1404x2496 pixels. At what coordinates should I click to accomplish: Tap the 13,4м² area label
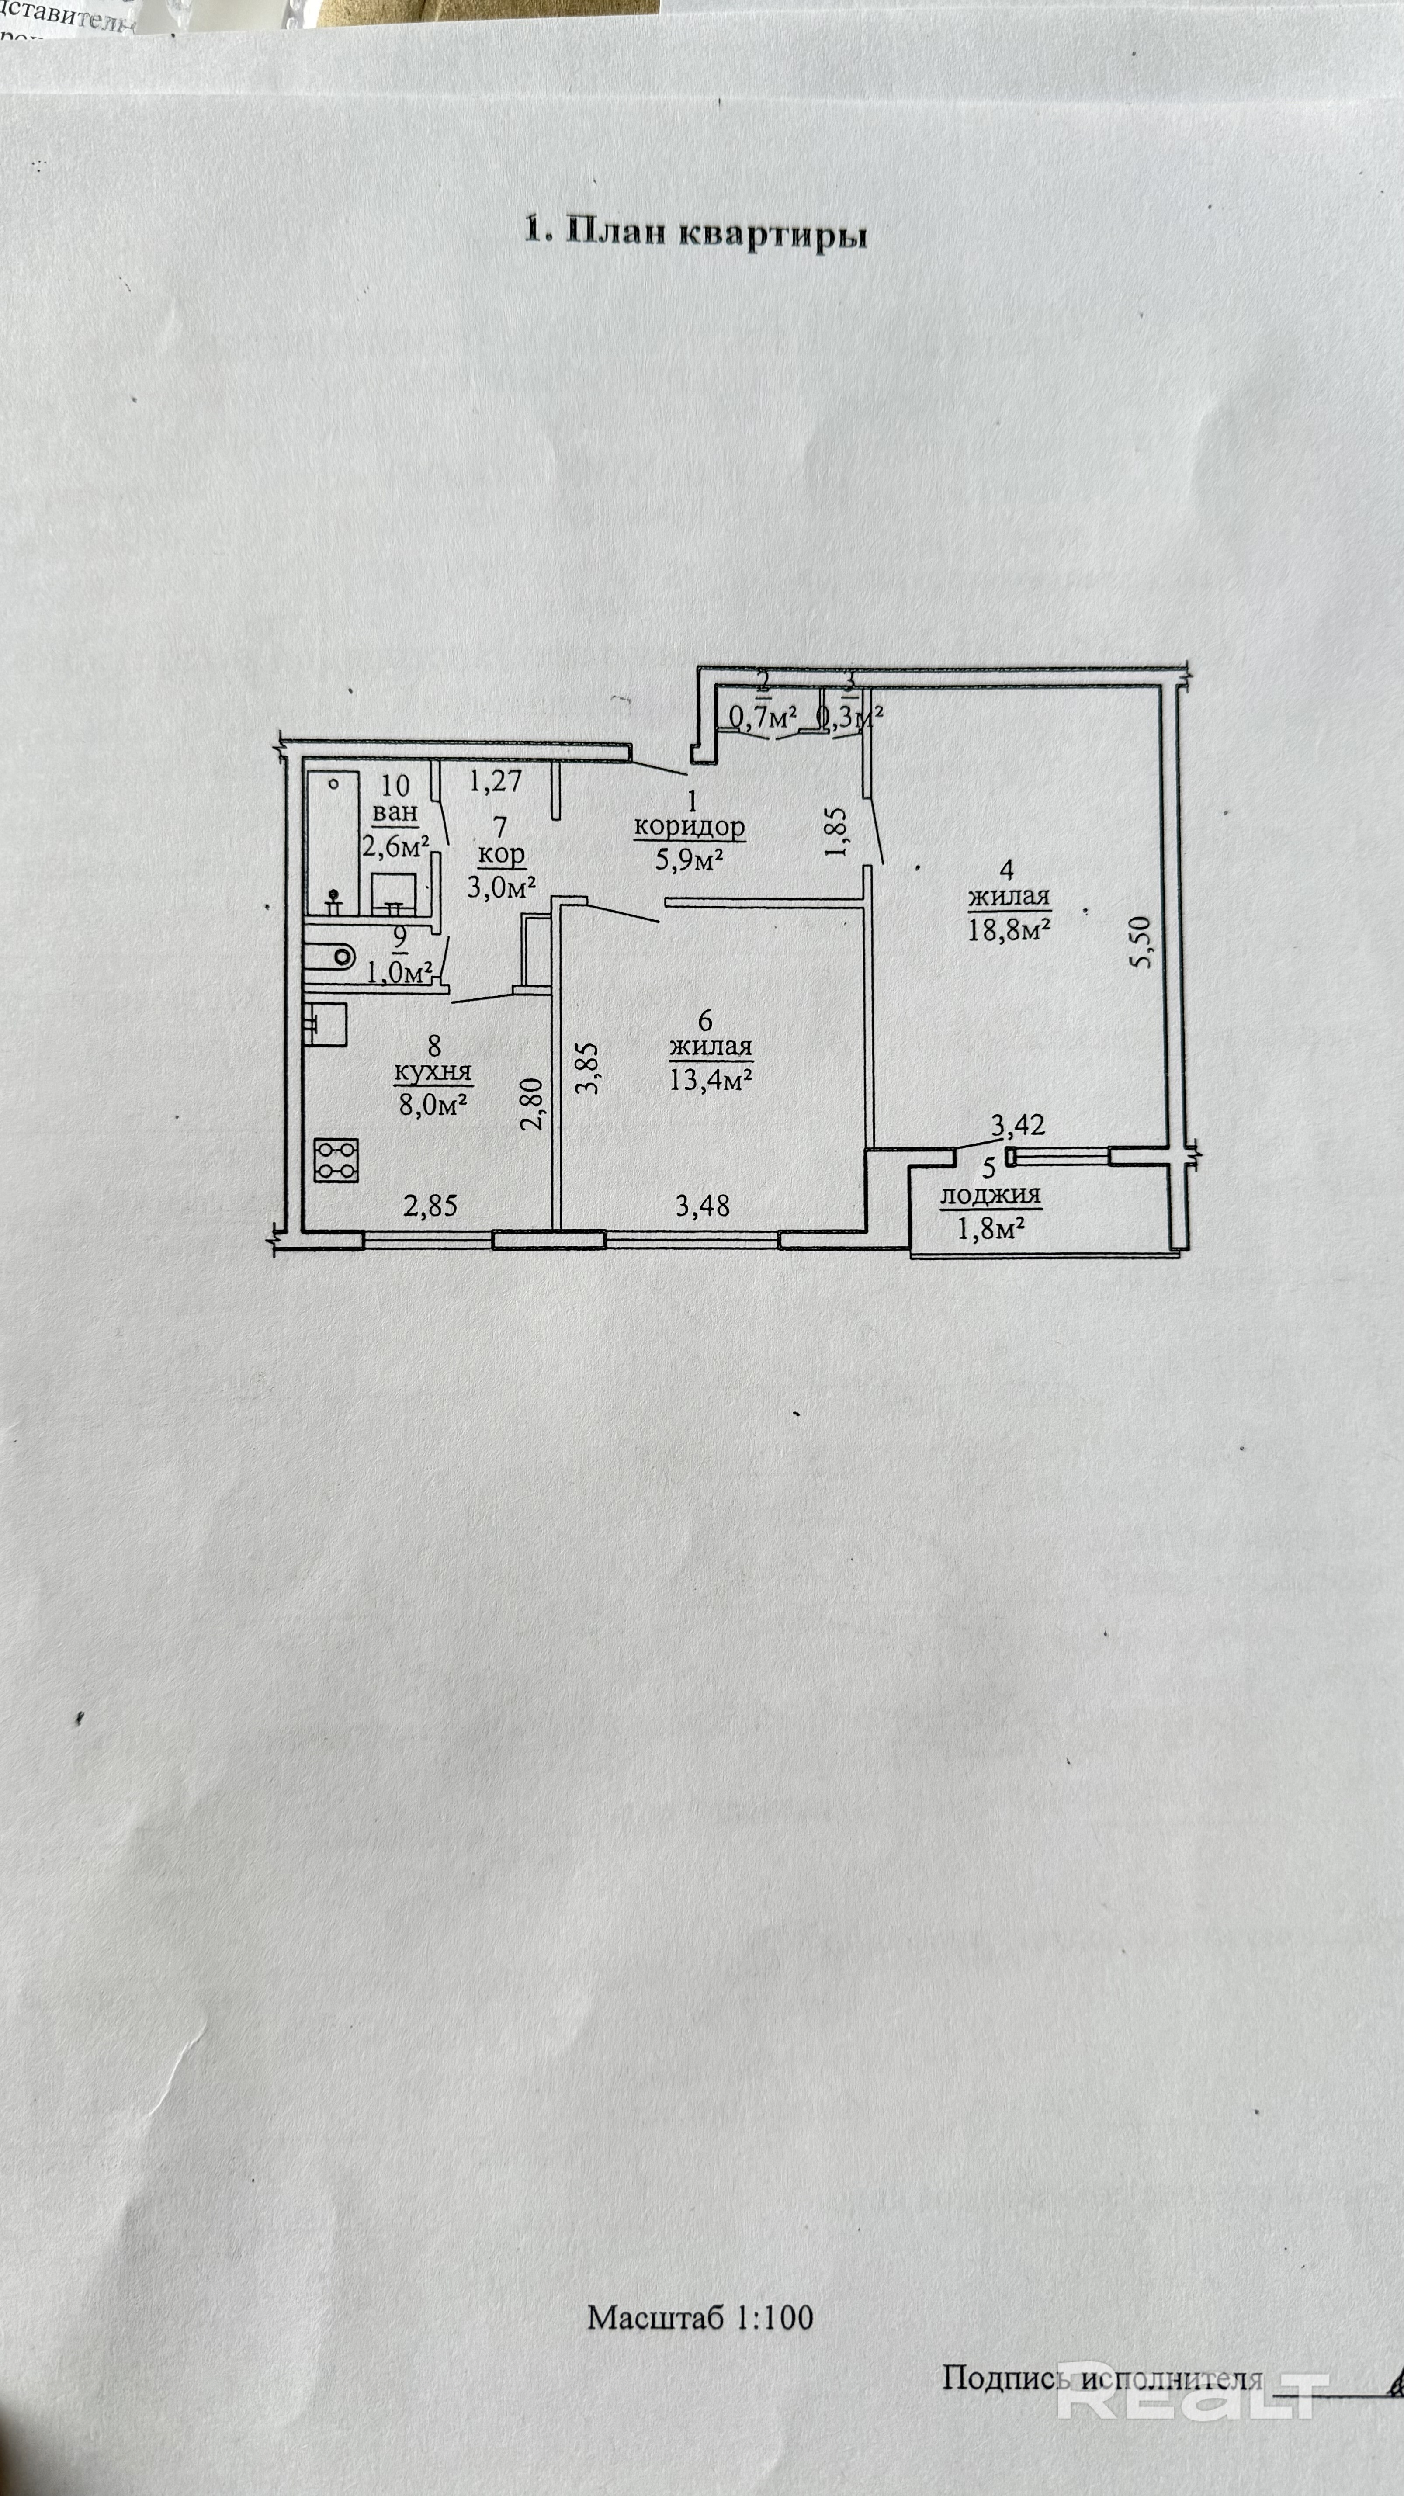pos(711,1078)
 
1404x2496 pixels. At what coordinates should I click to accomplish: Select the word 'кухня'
pos(433,1073)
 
